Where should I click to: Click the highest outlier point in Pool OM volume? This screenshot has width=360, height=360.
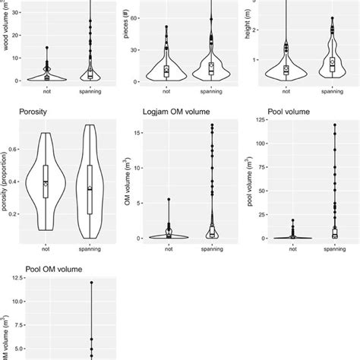[90, 283]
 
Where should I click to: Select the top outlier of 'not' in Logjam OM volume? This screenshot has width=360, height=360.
[169, 200]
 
